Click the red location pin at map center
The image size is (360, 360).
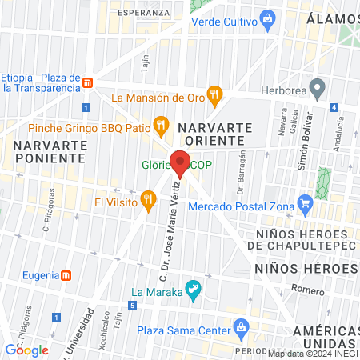coord(181,162)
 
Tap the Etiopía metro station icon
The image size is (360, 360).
coord(88,82)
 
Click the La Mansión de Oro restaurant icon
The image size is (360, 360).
coord(214,98)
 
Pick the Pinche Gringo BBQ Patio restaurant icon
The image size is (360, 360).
coord(162,124)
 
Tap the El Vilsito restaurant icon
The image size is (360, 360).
coord(146,198)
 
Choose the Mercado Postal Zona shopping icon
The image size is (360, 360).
coord(303,202)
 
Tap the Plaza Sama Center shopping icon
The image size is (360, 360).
coord(240,327)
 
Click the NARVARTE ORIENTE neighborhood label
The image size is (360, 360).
coord(214,134)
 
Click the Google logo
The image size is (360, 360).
coord(27,349)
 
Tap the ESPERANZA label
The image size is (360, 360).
coord(142,14)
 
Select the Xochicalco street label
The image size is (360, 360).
coord(103,330)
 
